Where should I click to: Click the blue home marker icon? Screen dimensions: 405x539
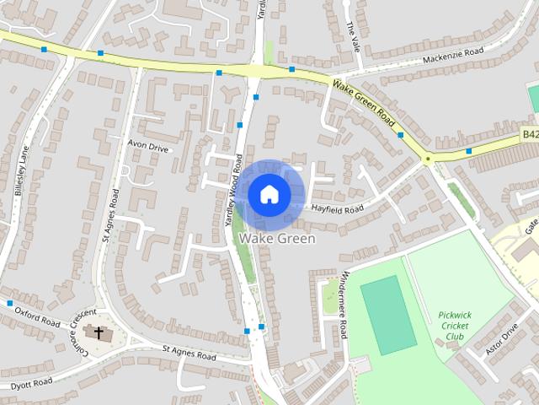pos(269,194)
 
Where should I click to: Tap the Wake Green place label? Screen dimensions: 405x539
pos(277,239)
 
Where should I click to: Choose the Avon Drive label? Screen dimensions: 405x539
pos(148,146)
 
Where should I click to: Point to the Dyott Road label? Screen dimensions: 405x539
pos(32,384)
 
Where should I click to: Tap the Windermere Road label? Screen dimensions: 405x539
pos(345,305)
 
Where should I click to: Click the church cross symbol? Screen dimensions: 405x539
pos(99,332)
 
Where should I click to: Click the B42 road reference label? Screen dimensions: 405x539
pos(529,134)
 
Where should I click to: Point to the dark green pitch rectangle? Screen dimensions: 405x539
pos(388,315)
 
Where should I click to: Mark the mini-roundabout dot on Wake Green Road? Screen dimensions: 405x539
pos(428,159)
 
